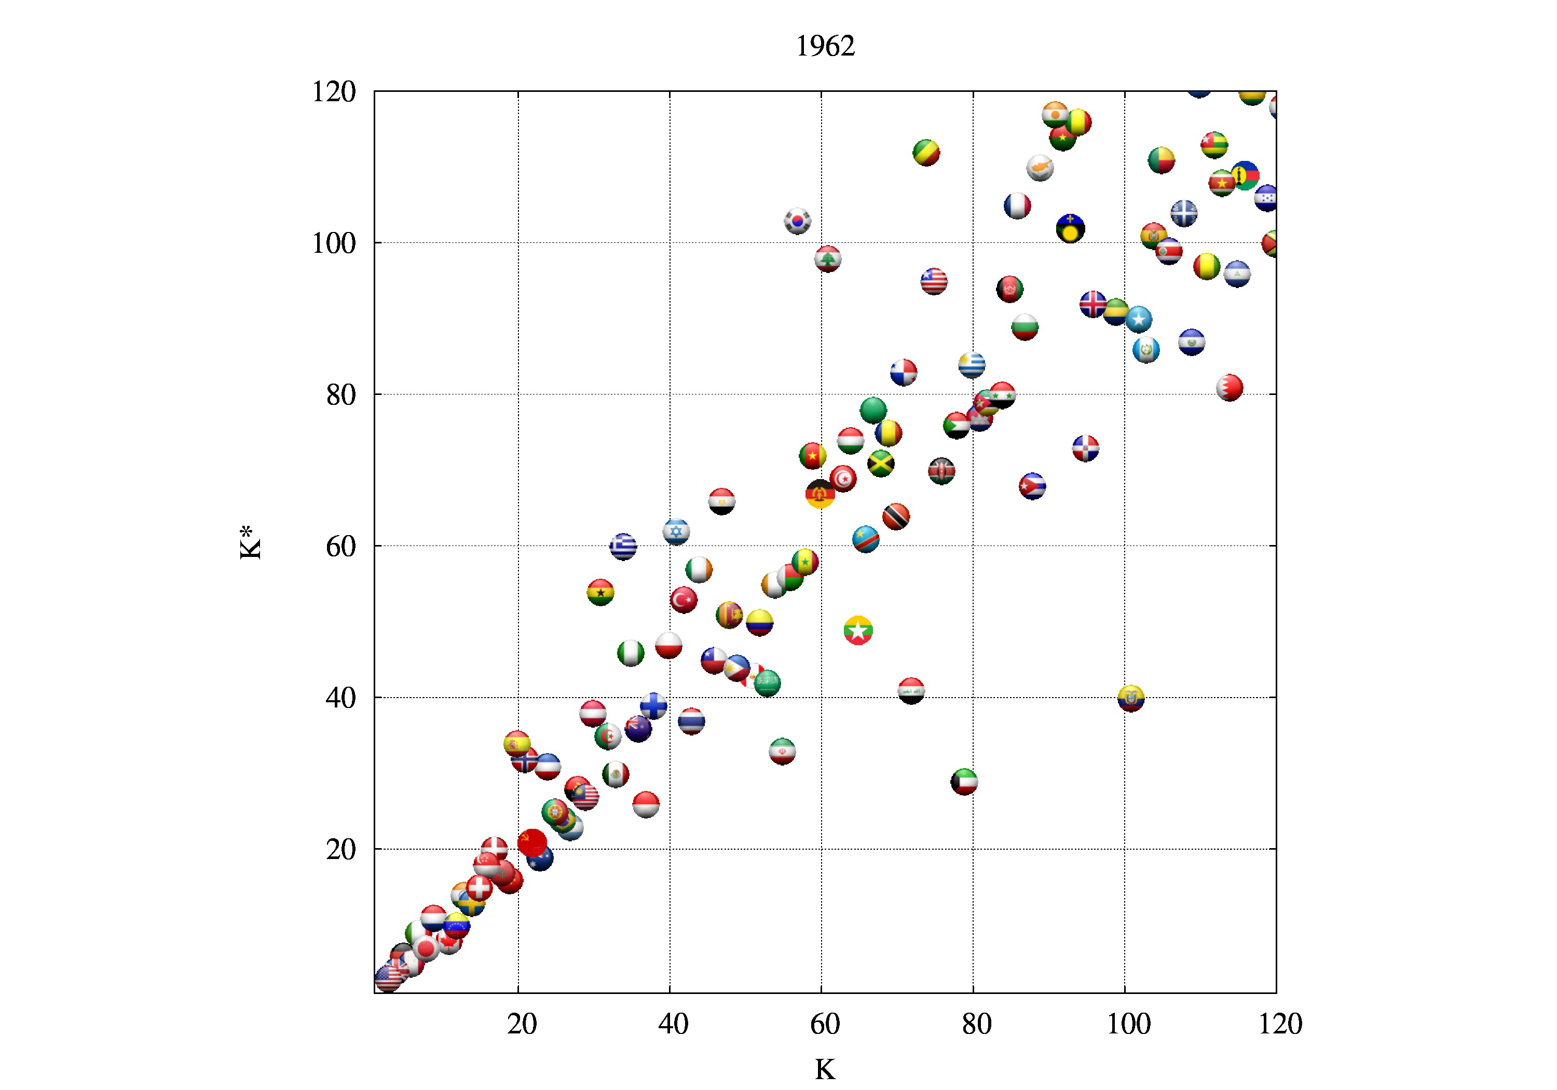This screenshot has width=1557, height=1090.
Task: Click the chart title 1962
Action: click(x=825, y=46)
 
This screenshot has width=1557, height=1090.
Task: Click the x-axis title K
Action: click(x=825, y=1070)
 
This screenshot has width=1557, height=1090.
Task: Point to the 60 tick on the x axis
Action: click(x=824, y=1024)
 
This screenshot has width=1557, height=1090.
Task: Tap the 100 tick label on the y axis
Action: click(x=334, y=243)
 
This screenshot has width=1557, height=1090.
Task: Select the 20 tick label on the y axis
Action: click(x=340, y=849)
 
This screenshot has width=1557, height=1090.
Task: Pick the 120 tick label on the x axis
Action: click(x=1280, y=1024)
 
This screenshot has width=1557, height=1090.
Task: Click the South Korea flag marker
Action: click(x=798, y=221)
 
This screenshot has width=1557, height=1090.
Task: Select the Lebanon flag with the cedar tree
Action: click(x=827, y=258)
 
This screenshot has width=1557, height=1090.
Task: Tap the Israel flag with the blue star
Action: click(x=676, y=531)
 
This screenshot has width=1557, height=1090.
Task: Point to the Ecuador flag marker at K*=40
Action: click(x=1130, y=698)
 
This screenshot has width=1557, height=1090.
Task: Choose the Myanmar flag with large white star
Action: click(x=858, y=630)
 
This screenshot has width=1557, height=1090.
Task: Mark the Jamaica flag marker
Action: click(x=880, y=464)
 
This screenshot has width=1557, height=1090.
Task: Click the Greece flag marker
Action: click(x=622, y=546)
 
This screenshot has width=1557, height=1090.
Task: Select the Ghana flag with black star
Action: click(x=600, y=593)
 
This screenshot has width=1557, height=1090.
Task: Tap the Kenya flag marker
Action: click(x=941, y=471)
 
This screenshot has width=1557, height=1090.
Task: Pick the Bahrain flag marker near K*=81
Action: click(x=1229, y=387)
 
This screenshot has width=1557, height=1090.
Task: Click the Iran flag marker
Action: click(x=782, y=752)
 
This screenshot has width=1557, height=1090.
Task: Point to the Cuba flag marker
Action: click(x=1032, y=486)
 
